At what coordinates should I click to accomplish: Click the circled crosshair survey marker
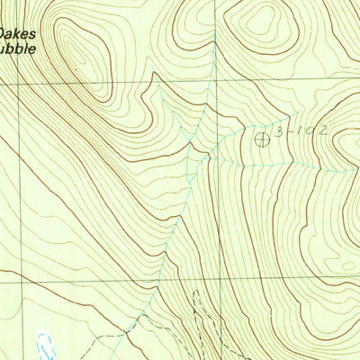point(263,138)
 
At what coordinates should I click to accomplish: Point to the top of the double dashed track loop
point(193,292)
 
